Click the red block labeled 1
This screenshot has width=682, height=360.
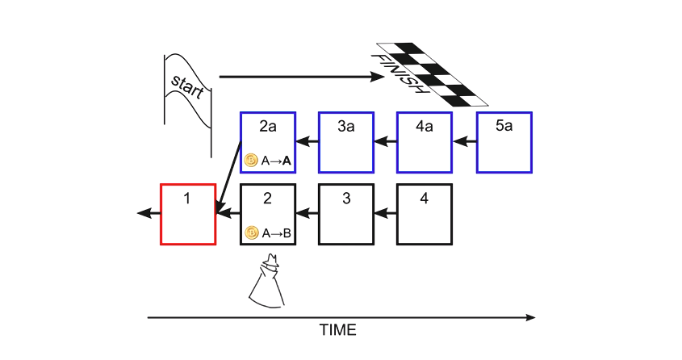[188, 214]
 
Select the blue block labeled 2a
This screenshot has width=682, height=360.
[268, 142]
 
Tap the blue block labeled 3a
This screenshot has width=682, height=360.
[346, 142]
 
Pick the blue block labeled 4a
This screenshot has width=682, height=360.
[425, 142]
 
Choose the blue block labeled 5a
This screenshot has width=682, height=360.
[504, 142]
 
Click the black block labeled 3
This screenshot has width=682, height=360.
[346, 214]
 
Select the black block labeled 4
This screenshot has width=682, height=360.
[425, 214]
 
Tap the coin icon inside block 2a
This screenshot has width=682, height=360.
[251, 161]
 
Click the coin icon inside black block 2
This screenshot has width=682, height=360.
[251, 233]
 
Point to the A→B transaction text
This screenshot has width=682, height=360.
[276, 233]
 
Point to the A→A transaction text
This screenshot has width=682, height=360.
[276, 161]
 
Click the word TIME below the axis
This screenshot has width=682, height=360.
[337, 330]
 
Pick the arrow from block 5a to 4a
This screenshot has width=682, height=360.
[465, 142]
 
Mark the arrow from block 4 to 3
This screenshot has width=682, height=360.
[386, 214]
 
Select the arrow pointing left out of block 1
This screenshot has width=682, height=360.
[149, 214]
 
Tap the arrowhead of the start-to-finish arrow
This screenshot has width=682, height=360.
[378, 77]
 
